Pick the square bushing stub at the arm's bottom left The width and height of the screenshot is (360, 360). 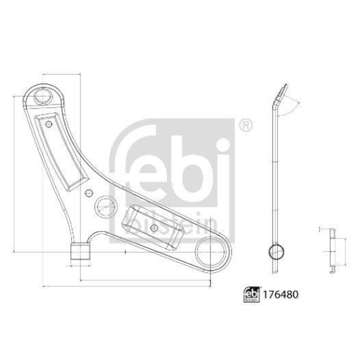pos(81,253)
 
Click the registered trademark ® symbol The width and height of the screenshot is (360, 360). pos(245,127)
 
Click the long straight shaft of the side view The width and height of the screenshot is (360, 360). pos(275,180)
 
